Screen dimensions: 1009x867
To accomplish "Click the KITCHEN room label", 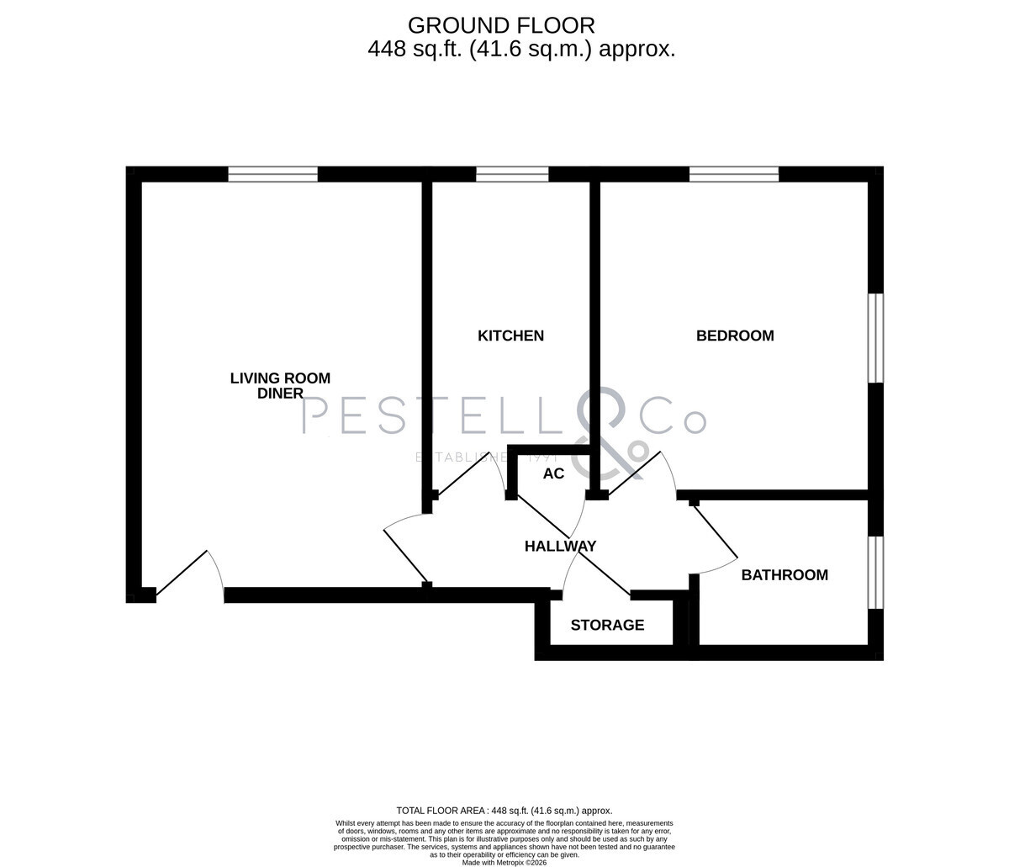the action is tap(510, 336).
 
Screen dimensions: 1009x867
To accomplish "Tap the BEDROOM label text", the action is tap(735, 336).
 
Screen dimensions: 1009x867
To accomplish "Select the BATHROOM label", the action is tap(784, 575).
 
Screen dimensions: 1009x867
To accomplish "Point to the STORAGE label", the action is tap(607, 625).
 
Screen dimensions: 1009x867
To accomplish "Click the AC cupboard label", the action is tap(553, 473).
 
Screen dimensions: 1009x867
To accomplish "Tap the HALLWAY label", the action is tap(560, 546).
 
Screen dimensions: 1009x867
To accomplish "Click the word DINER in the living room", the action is tap(280, 393).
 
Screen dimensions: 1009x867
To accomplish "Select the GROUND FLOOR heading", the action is tap(501, 26).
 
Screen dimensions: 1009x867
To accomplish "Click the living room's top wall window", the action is tap(273, 174).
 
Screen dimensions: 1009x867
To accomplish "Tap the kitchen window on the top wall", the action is tap(512, 174).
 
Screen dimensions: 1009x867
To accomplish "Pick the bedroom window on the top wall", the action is tap(734, 174).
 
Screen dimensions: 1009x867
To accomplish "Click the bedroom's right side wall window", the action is tap(876, 338).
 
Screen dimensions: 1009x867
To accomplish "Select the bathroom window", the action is tap(876, 573).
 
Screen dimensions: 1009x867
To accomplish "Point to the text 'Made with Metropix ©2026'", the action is tap(504, 863).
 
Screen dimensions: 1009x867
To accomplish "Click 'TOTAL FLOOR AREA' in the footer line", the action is tap(441, 811).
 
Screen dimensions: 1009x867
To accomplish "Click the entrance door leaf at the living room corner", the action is tap(182, 574).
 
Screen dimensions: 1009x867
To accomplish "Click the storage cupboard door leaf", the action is tap(605, 570).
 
